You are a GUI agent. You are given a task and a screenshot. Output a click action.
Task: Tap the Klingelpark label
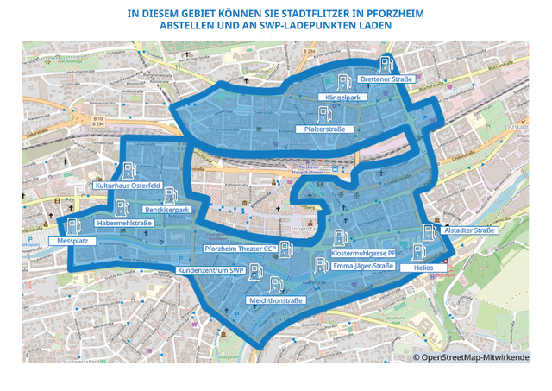coord(342,99)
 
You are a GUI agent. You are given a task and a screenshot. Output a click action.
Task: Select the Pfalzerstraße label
coord(324,129)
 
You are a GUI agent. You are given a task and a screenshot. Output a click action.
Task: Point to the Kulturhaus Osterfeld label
coord(129,186)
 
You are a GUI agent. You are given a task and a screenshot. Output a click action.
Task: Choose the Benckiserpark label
coord(168,210)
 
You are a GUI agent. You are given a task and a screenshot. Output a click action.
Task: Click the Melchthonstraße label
coord(275,300)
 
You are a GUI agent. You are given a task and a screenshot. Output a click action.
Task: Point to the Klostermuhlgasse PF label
coord(363,254)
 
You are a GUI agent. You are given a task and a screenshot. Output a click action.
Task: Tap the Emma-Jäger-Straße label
coord(362,266)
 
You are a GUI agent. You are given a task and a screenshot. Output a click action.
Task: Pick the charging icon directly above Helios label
coord(418,252)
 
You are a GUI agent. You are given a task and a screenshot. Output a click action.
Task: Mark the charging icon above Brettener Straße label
coord(386,63)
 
